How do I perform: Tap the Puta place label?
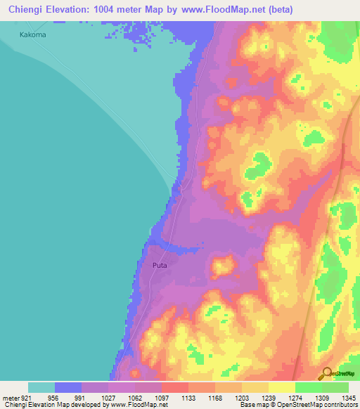[x=160, y=265]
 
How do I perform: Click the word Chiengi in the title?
[x=25, y=9]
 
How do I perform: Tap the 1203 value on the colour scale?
[x=243, y=397]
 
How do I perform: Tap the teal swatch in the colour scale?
[x=41, y=387]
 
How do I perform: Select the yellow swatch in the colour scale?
[x=281, y=387]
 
